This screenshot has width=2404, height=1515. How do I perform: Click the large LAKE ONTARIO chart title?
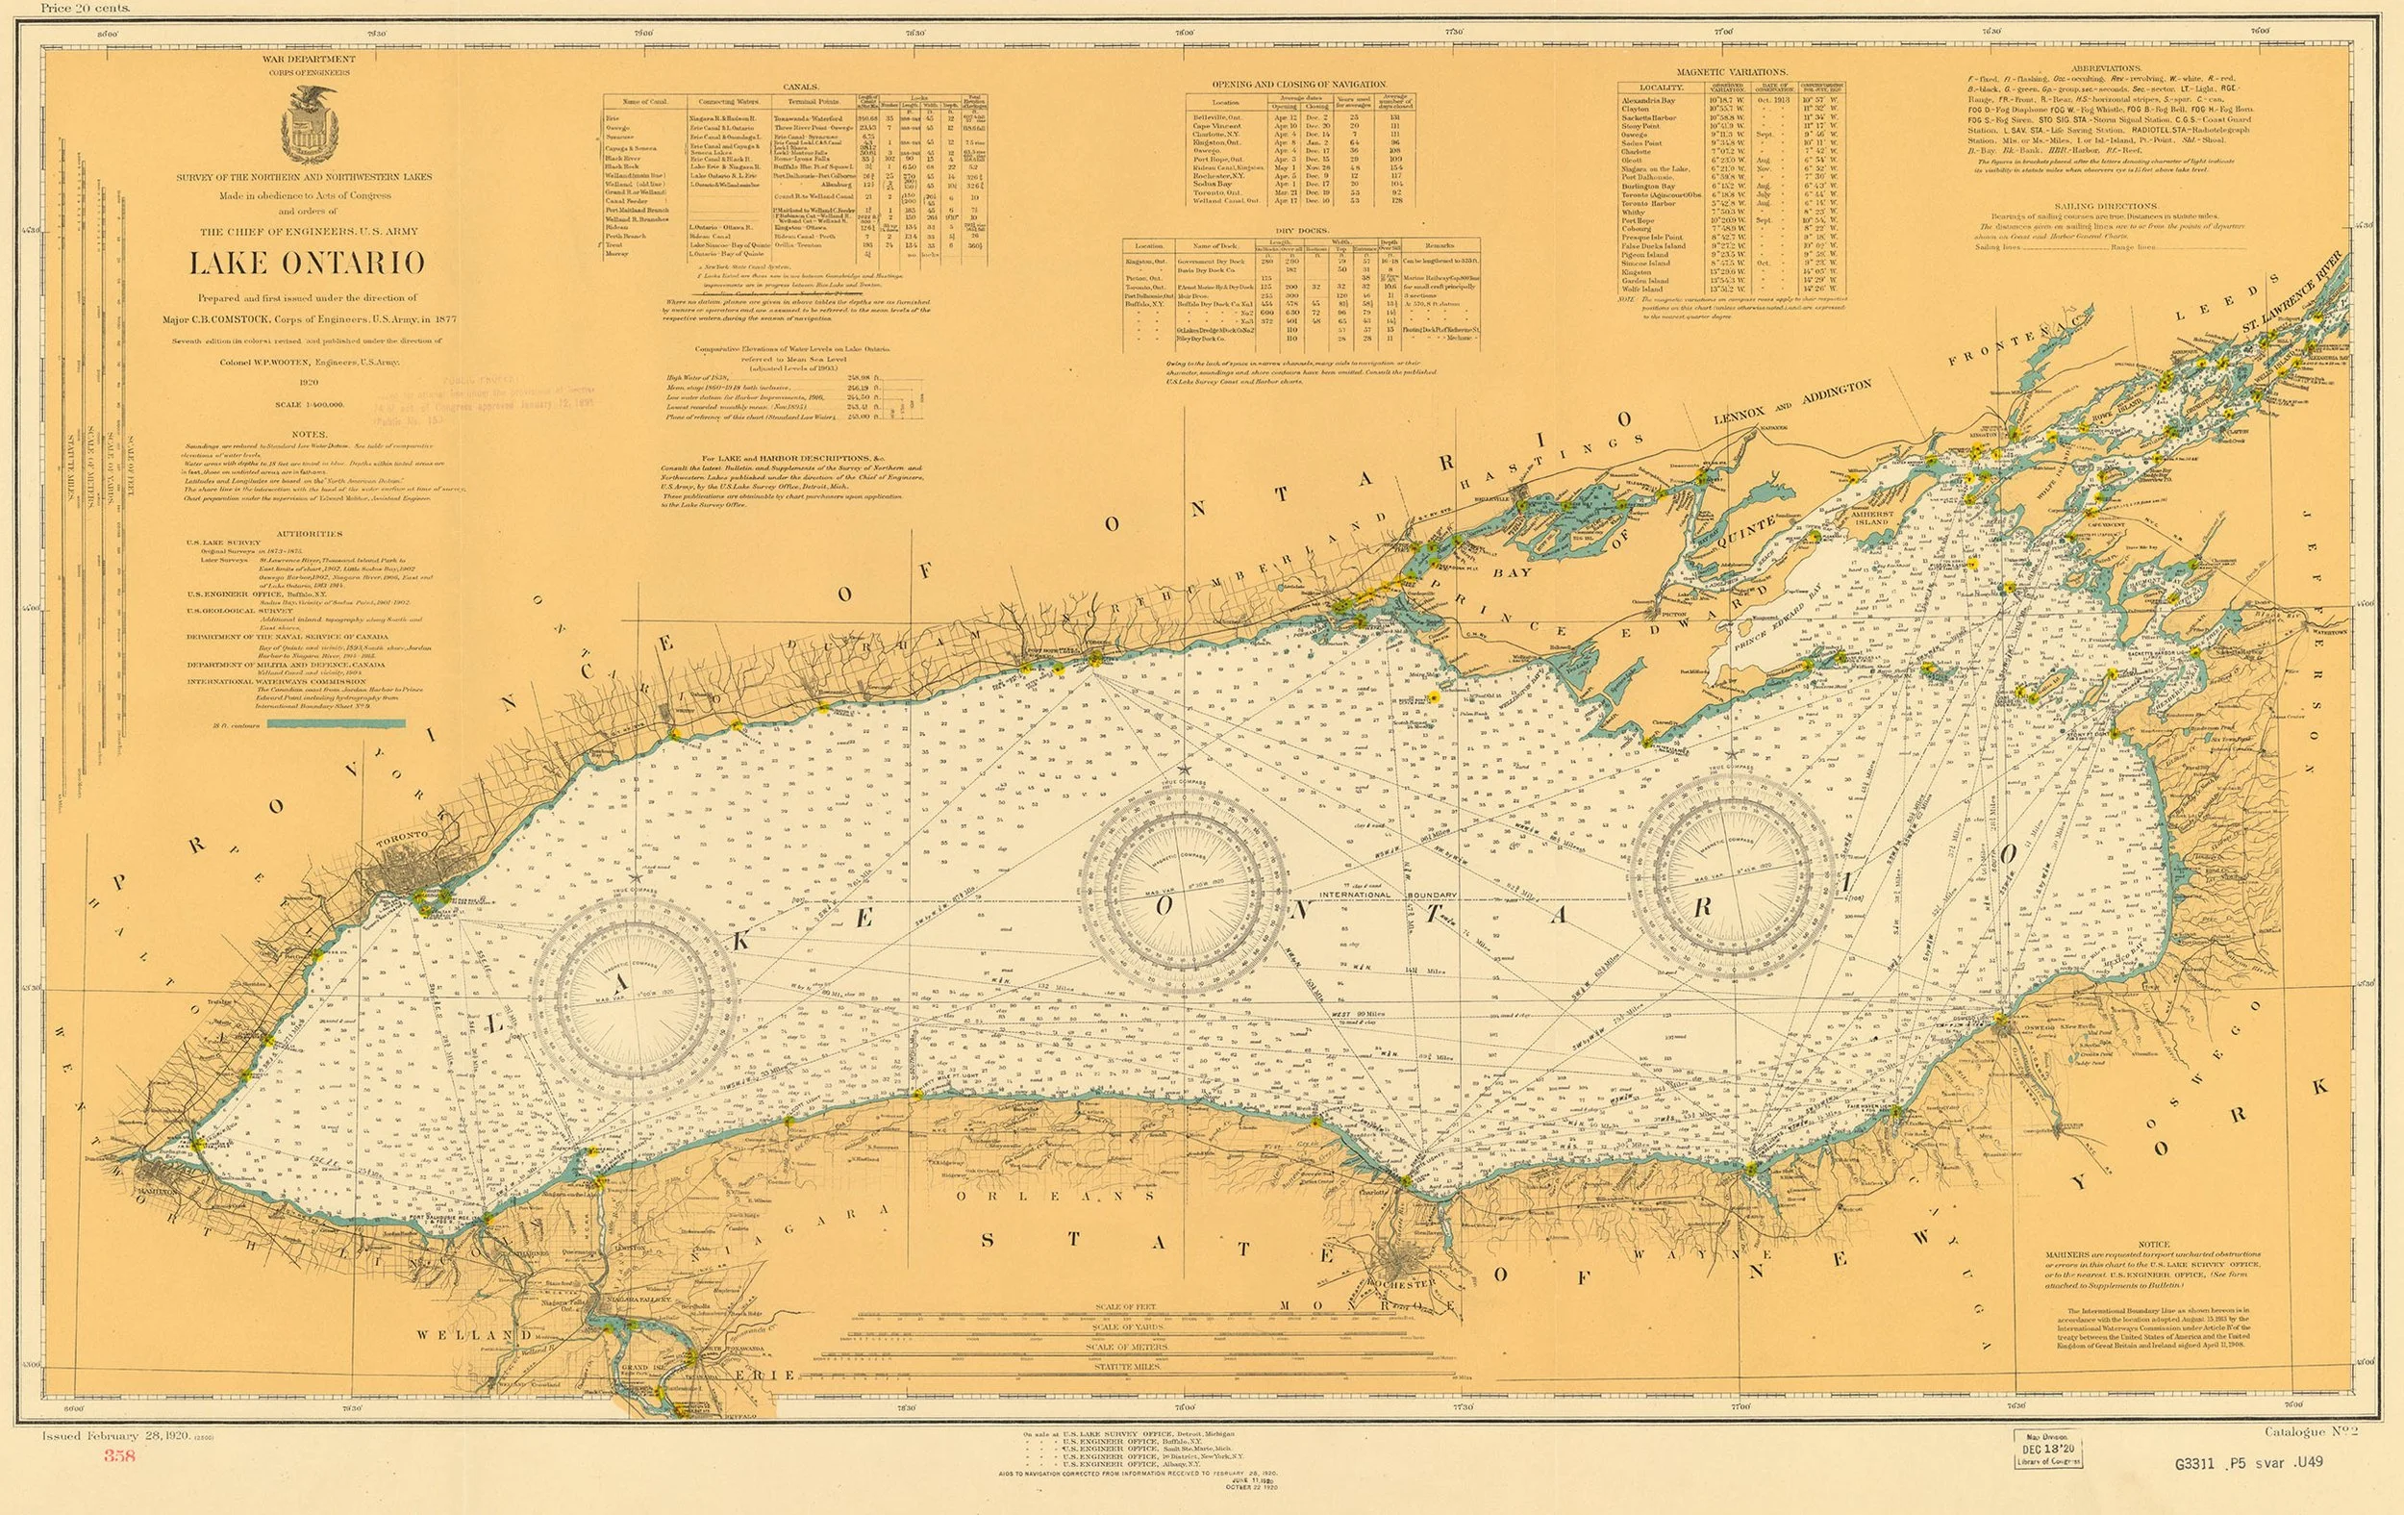307,264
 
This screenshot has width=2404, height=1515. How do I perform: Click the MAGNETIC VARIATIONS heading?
1732,72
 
